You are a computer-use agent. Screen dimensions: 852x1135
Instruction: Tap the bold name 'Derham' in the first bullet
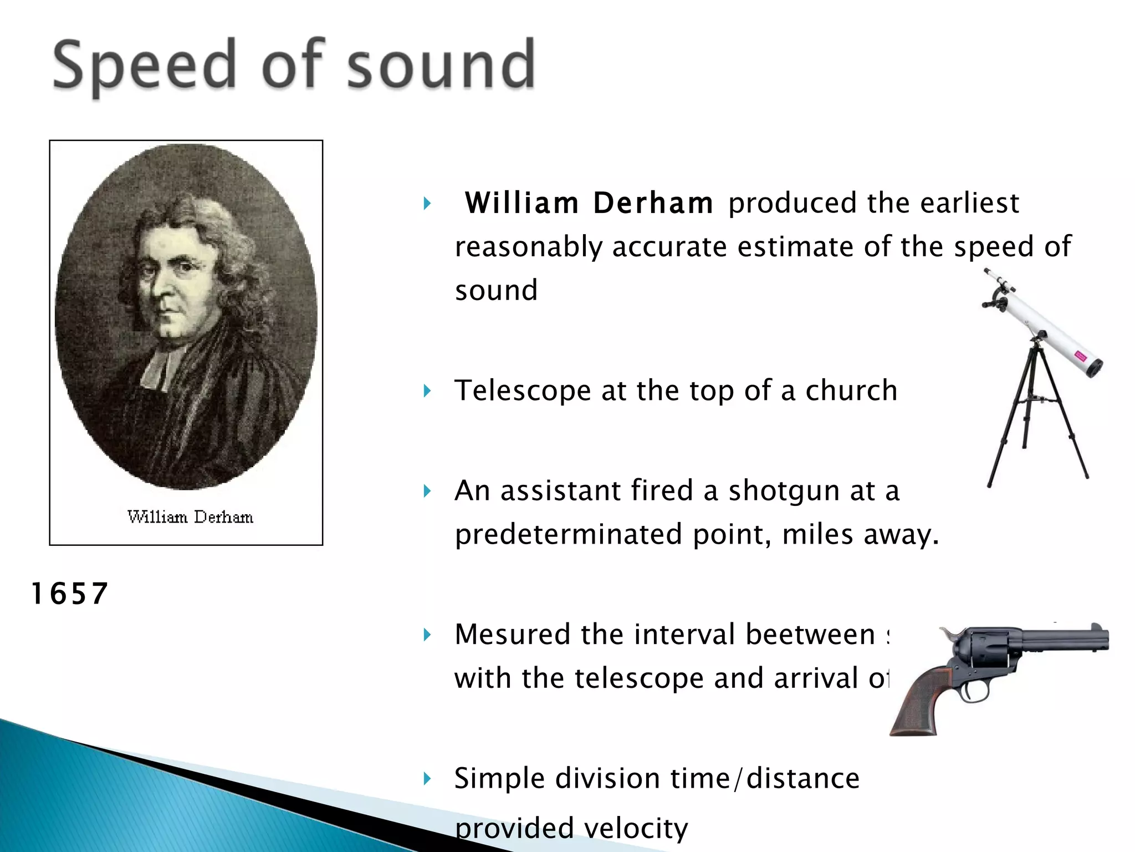[653, 203]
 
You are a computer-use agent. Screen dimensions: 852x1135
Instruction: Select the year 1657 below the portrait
[69, 594]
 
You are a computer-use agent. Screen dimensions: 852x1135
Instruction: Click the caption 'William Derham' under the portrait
[190, 517]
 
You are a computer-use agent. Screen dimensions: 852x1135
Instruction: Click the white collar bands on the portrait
[157, 369]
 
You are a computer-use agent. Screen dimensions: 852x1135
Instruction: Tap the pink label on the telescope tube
[1080, 357]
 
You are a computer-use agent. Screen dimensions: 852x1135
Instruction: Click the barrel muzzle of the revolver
[1103, 640]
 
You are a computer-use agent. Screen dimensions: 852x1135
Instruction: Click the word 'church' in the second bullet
[851, 390]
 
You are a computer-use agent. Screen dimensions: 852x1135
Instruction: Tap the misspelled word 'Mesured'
[512, 635]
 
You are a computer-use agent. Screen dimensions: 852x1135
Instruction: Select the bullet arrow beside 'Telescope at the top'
[427, 391]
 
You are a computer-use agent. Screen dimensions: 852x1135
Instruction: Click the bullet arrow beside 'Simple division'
[427, 779]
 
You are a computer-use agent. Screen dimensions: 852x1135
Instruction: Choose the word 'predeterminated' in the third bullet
[569, 535]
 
